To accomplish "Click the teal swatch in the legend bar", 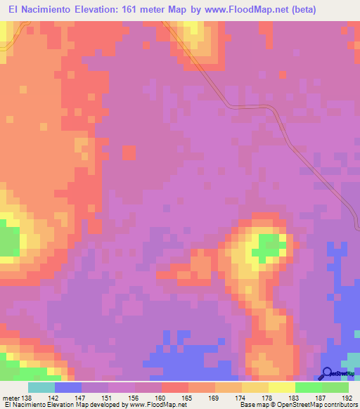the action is pos(41,387).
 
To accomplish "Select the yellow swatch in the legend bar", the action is pos(282,387).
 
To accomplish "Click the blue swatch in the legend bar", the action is pos(68,387).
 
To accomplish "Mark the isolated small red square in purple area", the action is pos(129,152).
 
